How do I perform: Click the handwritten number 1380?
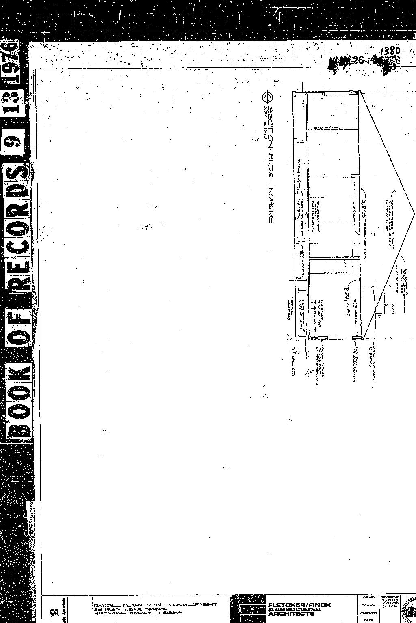click(x=390, y=52)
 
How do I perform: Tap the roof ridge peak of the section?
click(x=414, y=213)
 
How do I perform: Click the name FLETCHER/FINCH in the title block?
click(x=299, y=605)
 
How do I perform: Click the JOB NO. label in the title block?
click(x=367, y=598)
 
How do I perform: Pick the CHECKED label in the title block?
click(x=367, y=613)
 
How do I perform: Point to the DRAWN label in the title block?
click(x=367, y=605)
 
